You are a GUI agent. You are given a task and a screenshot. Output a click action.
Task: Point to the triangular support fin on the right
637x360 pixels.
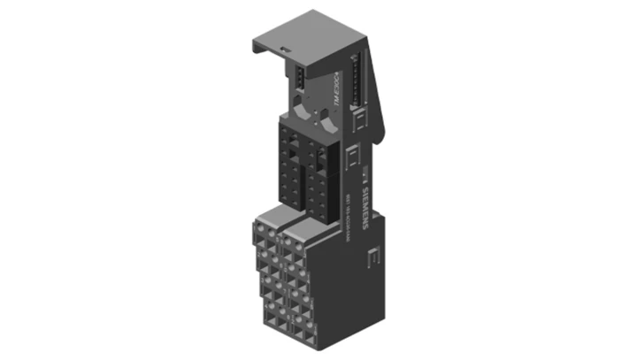point(378,97)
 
